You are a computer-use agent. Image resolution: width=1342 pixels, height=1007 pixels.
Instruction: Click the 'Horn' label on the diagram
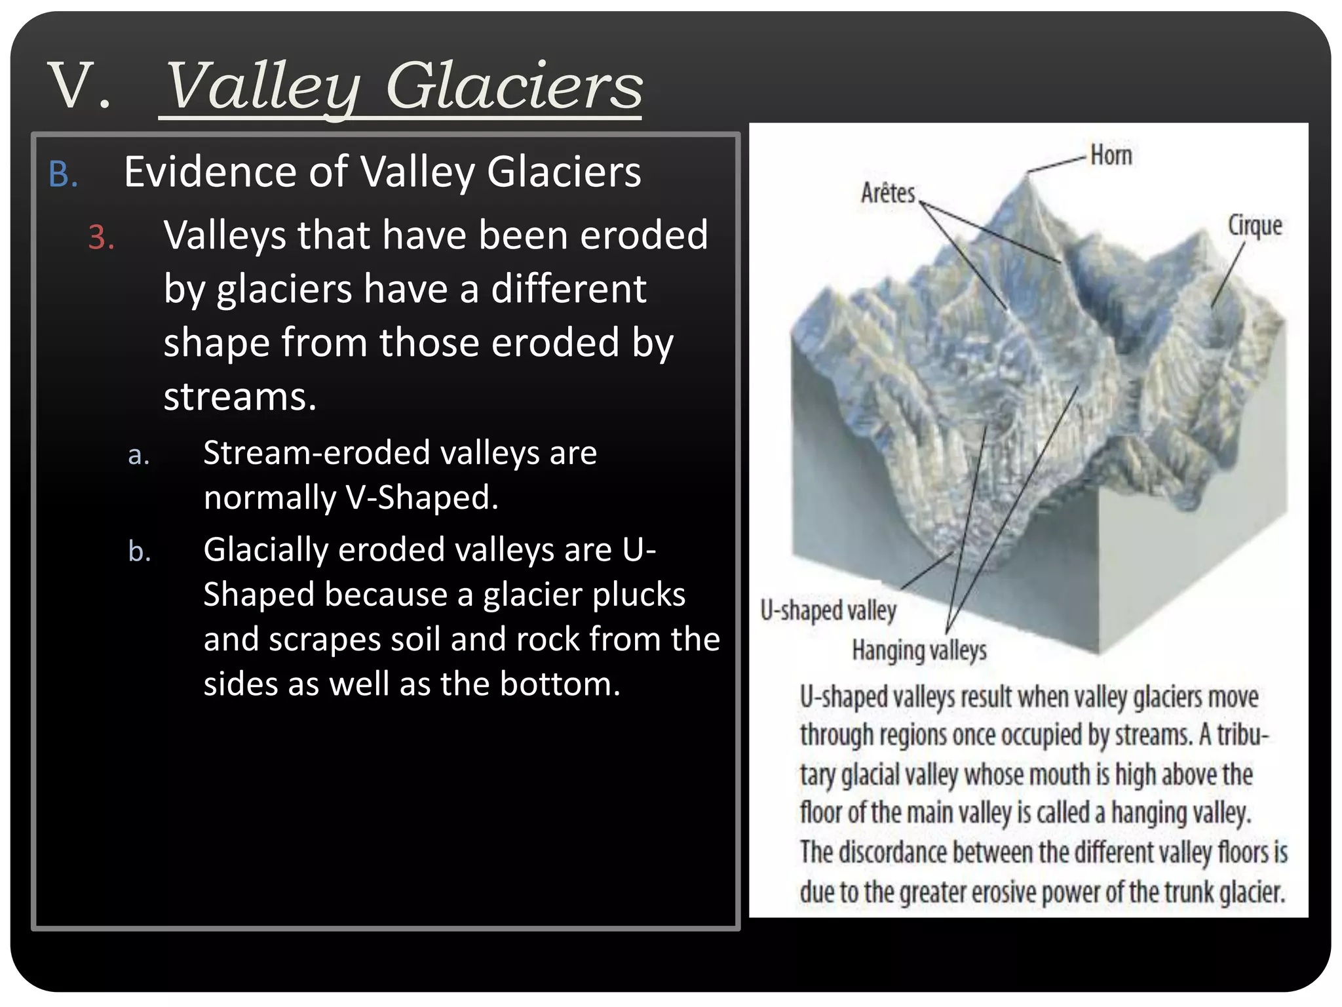[x=1111, y=155]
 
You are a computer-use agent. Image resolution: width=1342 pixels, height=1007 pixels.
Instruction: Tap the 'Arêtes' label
[x=887, y=193]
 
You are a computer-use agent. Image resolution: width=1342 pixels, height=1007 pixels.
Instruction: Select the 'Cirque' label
[x=1254, y=225]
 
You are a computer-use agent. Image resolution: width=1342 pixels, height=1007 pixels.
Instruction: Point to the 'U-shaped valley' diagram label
[x=828, y=610]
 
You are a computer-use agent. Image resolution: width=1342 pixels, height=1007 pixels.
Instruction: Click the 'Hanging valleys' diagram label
[x=919, y=650]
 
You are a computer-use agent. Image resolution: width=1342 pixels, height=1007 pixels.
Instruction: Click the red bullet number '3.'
[x=102, y=237]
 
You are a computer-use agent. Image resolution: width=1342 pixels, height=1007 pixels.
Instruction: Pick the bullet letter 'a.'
[x=139, y=455]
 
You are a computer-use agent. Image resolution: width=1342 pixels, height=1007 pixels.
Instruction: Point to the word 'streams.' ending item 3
[x=240, y=397]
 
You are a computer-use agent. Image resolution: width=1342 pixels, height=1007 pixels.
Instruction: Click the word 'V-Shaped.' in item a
[x=421, y=498]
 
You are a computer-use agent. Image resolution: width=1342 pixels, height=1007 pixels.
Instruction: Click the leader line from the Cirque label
[x=1227, y=275]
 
